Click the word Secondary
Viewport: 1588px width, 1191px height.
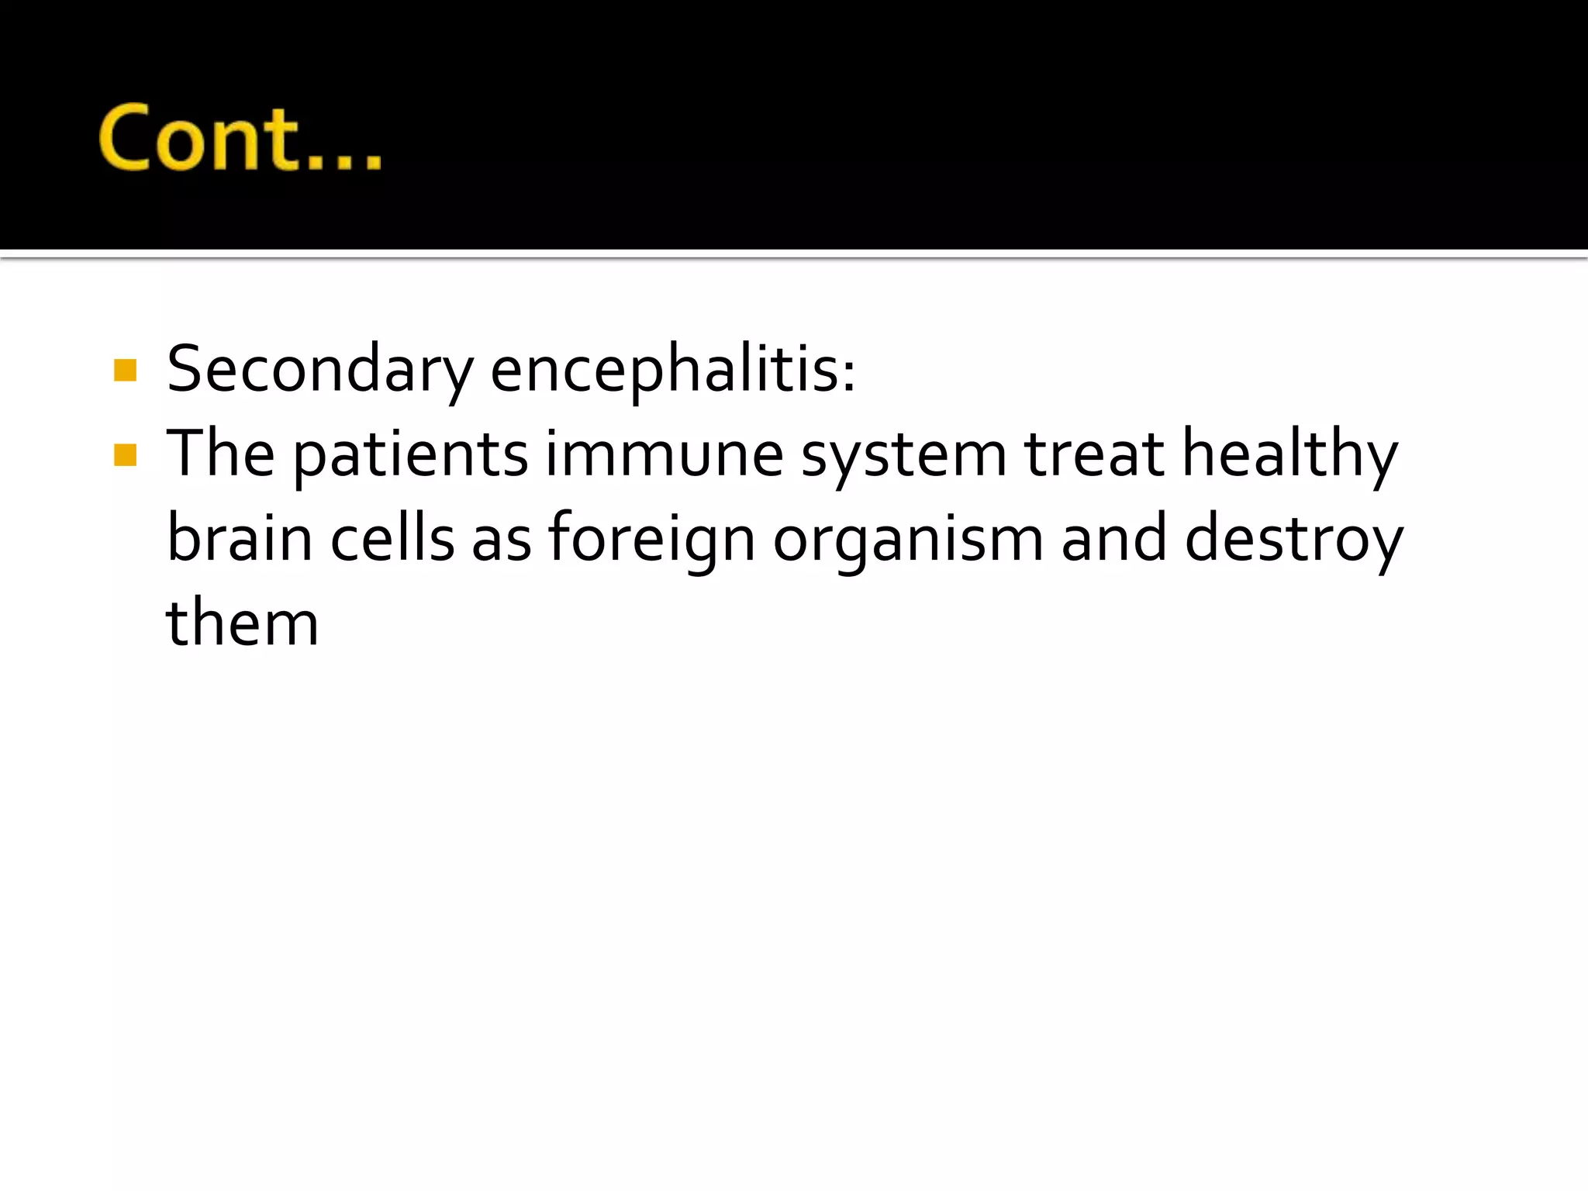click(x=319, y=369)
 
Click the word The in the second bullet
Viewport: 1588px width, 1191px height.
click(x=220, y=454)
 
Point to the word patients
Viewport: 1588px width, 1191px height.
click(x=410, y=456)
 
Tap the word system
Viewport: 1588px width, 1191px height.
click(x=903, y=457)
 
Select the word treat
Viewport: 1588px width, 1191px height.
click(x=1093, y=454)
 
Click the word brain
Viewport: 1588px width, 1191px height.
click(x=240, y=538)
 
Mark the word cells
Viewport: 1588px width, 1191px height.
click(x=392, y=538)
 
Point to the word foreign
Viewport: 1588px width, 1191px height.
click(x=651, y=540)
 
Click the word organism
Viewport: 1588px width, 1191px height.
click(x=908, y=541)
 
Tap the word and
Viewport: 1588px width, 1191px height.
click(x=1113, y=538)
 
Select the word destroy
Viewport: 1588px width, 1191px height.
click(x=1293, y=540)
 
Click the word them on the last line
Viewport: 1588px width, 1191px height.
click(x=242, y=623)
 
